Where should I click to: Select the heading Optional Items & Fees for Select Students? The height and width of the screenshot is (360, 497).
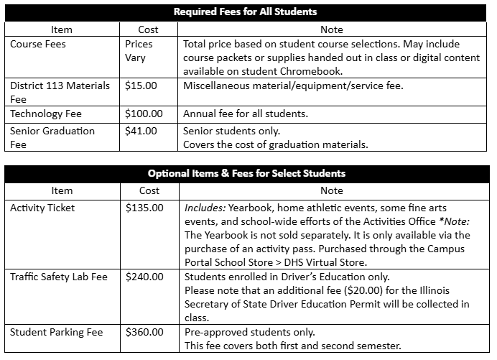point(246,173)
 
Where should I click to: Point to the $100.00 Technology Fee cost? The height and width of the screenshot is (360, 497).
point(143,114)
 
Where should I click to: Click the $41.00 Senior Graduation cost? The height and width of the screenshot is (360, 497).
point(140,131)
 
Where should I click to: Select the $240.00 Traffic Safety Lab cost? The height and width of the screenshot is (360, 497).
point(144,277)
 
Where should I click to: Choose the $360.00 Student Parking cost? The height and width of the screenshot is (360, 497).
point(144,332)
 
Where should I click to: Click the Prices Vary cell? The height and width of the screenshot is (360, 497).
point(139,50)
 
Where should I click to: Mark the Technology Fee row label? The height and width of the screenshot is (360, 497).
point(46,114)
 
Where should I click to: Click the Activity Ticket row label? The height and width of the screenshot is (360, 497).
point(42,208)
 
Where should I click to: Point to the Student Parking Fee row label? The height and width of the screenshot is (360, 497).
point(56,332)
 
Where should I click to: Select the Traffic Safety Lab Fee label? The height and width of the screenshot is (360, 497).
point(59,277)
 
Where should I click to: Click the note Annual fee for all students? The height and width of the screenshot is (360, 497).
point(246,114)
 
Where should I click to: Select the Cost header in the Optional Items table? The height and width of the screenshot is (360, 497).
point(148,190)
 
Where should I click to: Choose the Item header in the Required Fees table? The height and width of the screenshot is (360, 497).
point(62,29)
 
